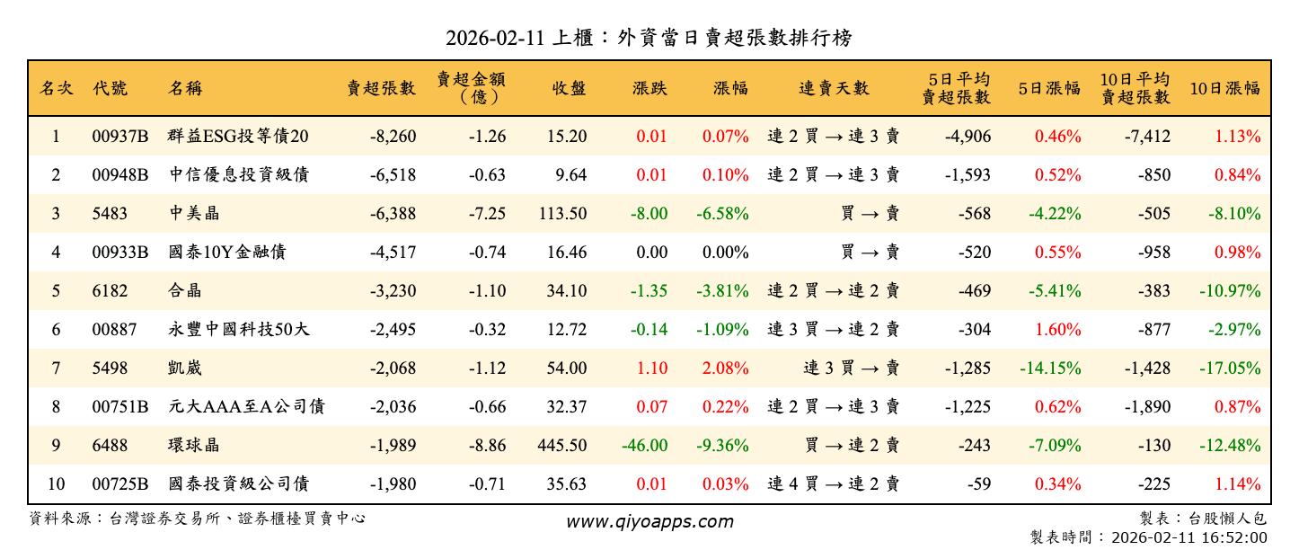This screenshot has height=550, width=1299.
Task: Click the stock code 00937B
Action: click(119, 137)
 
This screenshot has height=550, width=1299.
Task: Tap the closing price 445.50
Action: click(560, 446)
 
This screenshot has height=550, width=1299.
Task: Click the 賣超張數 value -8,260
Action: click(392, 137)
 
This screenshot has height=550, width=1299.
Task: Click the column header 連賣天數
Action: click(834, 88)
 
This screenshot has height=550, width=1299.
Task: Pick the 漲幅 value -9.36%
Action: click(722, 446)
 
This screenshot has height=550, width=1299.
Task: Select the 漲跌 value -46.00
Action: click(643, 446)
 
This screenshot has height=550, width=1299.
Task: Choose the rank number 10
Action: click(56, 484)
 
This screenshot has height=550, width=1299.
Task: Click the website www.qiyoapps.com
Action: click(649, 521)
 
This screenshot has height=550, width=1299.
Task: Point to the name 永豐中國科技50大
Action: click(238, 330)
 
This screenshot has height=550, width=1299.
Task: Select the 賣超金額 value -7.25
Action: click(487, 214)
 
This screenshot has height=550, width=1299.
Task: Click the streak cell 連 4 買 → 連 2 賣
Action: click(833, 484)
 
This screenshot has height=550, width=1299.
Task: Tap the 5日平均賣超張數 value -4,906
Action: click(968, 137)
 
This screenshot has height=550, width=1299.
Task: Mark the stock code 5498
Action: click(110, 368)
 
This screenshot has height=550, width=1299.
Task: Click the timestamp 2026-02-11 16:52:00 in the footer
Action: click(1189, 537)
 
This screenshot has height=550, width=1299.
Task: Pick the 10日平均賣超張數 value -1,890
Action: click(1147, 407)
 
